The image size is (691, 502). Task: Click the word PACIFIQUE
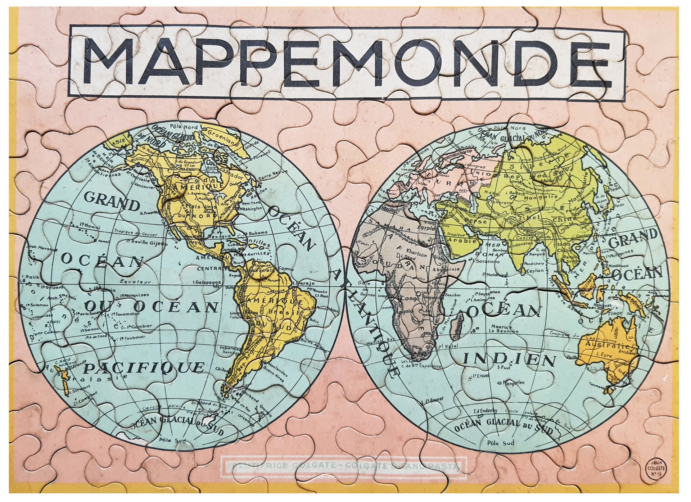click(144, 367)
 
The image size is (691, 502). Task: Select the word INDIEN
click(509, 359)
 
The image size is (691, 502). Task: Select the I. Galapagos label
click(207, 282)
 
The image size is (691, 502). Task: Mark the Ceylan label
click(534, 271)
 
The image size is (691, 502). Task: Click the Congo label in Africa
click(408, 298)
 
